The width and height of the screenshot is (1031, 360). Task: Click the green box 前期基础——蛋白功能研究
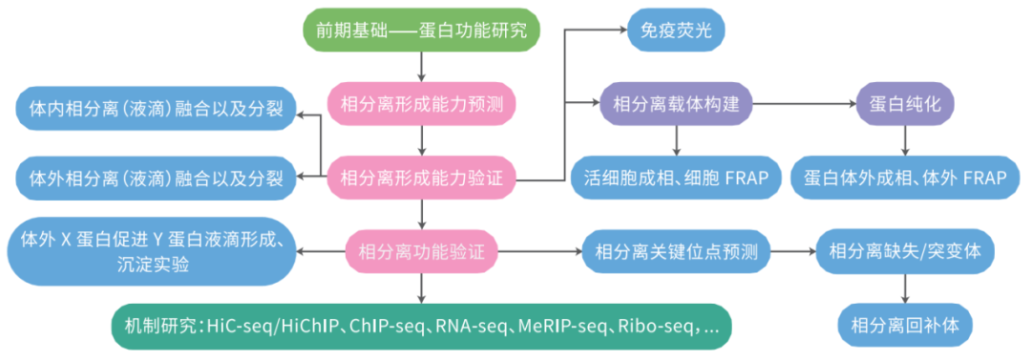point(421,31)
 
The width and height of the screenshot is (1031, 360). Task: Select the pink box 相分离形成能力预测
point(421,105)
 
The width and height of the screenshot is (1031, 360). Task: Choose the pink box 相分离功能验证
point(421,253)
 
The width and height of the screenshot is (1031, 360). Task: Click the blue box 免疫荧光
point(675,32)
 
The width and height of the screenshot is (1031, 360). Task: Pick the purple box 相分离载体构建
point(676,105)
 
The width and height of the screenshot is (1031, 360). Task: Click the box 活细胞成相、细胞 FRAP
point(676,178)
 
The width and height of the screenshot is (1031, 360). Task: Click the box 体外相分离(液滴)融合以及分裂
point(155,178)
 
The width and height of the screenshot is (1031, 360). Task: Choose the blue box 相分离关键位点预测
point(676,253)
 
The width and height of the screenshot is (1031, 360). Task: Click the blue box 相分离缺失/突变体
point(911,253)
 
